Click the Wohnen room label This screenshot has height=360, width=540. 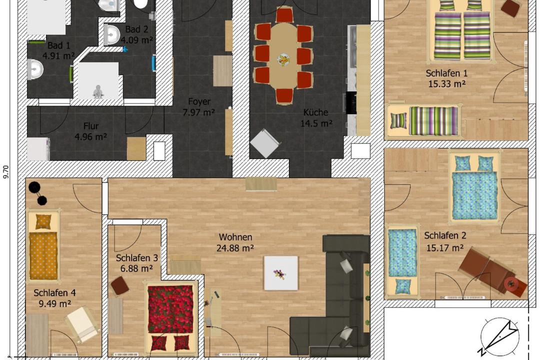(x=235, y=237)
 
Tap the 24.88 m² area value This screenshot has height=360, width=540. (x=235, y=247)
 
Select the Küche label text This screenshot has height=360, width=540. (x=315, y=112)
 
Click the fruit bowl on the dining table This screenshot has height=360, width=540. (x=283, y=60)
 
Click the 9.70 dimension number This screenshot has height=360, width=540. (x=6, y=172)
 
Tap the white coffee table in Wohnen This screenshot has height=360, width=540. (x=280, y=273)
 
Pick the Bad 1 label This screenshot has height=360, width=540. (x=58, y=45)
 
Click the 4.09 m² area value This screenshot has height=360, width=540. (x=136, y=40)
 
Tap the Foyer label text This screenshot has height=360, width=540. (x=199, y=101)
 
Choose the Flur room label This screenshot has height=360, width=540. (x=91, y=126)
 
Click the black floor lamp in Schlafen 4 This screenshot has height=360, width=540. (x=38, y=193)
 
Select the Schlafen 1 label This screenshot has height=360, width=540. (x=446, y=73)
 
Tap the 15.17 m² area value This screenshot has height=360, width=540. (x=445, y=247)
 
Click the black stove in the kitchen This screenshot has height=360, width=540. (x=351, y=102)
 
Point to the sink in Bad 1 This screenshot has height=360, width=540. (x=34, y=69)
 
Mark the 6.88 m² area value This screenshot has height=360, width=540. (x=136, y=268)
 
